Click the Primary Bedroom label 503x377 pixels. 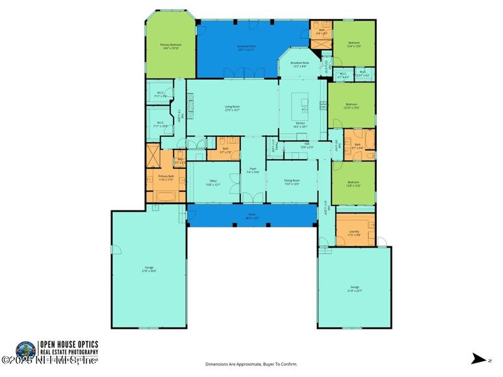(x=171, y=46)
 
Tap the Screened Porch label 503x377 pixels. (x=246, y=47)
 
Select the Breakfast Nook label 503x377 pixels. (x=300, y=64)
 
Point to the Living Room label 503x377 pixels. (x=233, y=108)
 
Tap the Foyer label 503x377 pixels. (x=253, y=170)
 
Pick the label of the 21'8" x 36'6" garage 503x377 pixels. (x=149, y=269)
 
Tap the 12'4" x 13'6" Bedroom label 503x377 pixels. (x=354, y=44)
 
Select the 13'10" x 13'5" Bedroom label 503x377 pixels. (x=351, y=106)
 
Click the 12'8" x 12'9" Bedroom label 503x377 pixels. (x=353, y=184)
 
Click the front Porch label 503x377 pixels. (x=251, y=217)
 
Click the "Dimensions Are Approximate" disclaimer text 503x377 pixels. (x=251, y=364)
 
